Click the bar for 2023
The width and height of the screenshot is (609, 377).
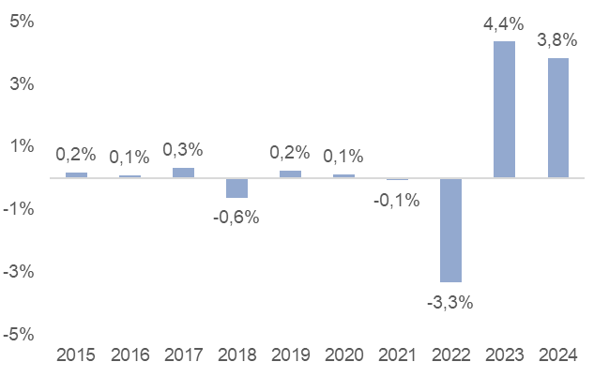[504, 109]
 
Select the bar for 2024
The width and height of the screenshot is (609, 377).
[557, 117]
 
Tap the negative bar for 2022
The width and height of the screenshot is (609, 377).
[450, 230]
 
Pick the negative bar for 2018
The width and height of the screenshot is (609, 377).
[236, 188]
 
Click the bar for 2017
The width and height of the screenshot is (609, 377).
[183, 173]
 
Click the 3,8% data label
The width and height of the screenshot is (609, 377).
[557, 40]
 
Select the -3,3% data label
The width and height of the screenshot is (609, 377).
[450, 302]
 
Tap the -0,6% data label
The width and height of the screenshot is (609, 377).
[236, 218]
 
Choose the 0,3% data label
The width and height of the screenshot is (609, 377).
[183, 149]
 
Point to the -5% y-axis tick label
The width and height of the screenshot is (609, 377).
[20, 335]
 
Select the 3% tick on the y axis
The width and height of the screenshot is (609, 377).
[23, 83]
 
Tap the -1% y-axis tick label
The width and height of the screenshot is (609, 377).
[20, 209]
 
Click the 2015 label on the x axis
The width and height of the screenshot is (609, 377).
[76, 355]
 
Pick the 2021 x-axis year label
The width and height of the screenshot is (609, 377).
[397, 355]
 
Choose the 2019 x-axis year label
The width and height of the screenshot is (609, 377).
[290, 355]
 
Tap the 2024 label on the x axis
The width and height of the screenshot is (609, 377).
[557, 355]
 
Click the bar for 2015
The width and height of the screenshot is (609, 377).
[76, 174]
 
